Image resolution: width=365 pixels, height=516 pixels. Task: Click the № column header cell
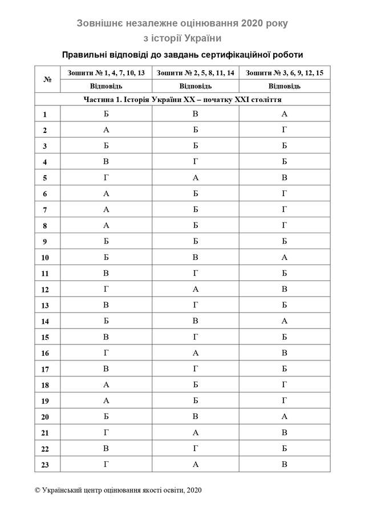pyautogui.click(x=47, y=80)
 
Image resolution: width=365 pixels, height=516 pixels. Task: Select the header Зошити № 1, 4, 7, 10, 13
pyautogui.click(x=106, y=74)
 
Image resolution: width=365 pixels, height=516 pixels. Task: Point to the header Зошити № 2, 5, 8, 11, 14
pyautogui.click(x=195, y=74)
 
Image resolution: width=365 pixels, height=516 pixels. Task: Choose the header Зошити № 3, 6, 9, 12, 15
pyautogui.click(x=284, y=74)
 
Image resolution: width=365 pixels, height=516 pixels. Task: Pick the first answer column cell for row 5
pyautogui.click(x=106, y=178)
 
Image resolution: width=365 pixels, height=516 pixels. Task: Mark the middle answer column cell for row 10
pyautogui.click(x=195, y=258)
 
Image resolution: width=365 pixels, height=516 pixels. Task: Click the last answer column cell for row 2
pyautogui.click(x=284, y=130)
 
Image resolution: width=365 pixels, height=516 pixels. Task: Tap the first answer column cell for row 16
pyautogui.click(x=106, y=353)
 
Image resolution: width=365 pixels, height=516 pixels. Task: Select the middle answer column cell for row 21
pyautogui.click(x=195, y=433)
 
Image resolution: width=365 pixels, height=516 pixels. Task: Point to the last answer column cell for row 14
pyautogui.click(x=284, y=321)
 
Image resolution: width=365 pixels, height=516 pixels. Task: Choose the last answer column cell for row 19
pyautogui.click(x=284, y=401)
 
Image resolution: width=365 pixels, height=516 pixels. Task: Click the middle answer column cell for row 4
pyautogui.click(x=195, y=162)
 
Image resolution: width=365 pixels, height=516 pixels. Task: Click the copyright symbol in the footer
pyautogui.click(x=38, y=490)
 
